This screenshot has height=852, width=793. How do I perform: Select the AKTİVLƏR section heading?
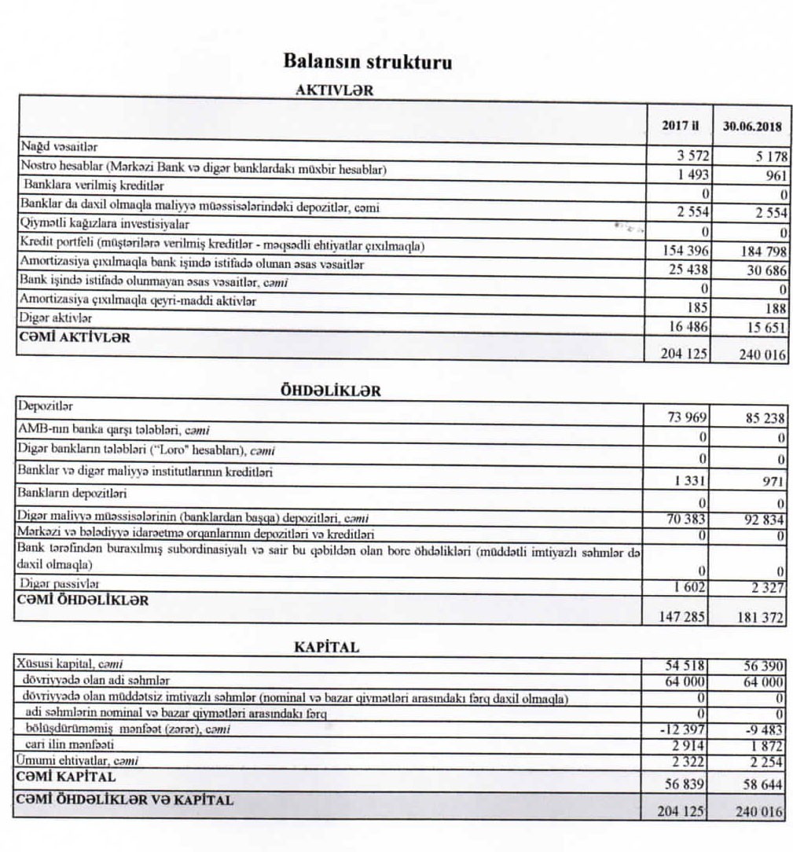[334, 90]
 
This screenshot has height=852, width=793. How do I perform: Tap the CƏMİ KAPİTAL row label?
[67, 777]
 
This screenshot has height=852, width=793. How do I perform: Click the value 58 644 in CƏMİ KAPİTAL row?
[762, 785]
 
